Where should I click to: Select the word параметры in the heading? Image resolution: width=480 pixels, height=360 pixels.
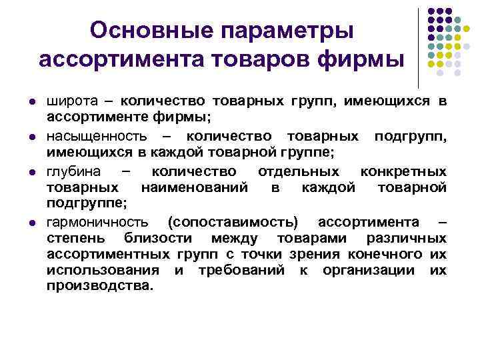coord(287,30)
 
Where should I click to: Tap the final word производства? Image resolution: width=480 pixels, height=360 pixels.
coord(100,286)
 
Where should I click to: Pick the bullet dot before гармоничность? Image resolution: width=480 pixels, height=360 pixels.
coord(31,222)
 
